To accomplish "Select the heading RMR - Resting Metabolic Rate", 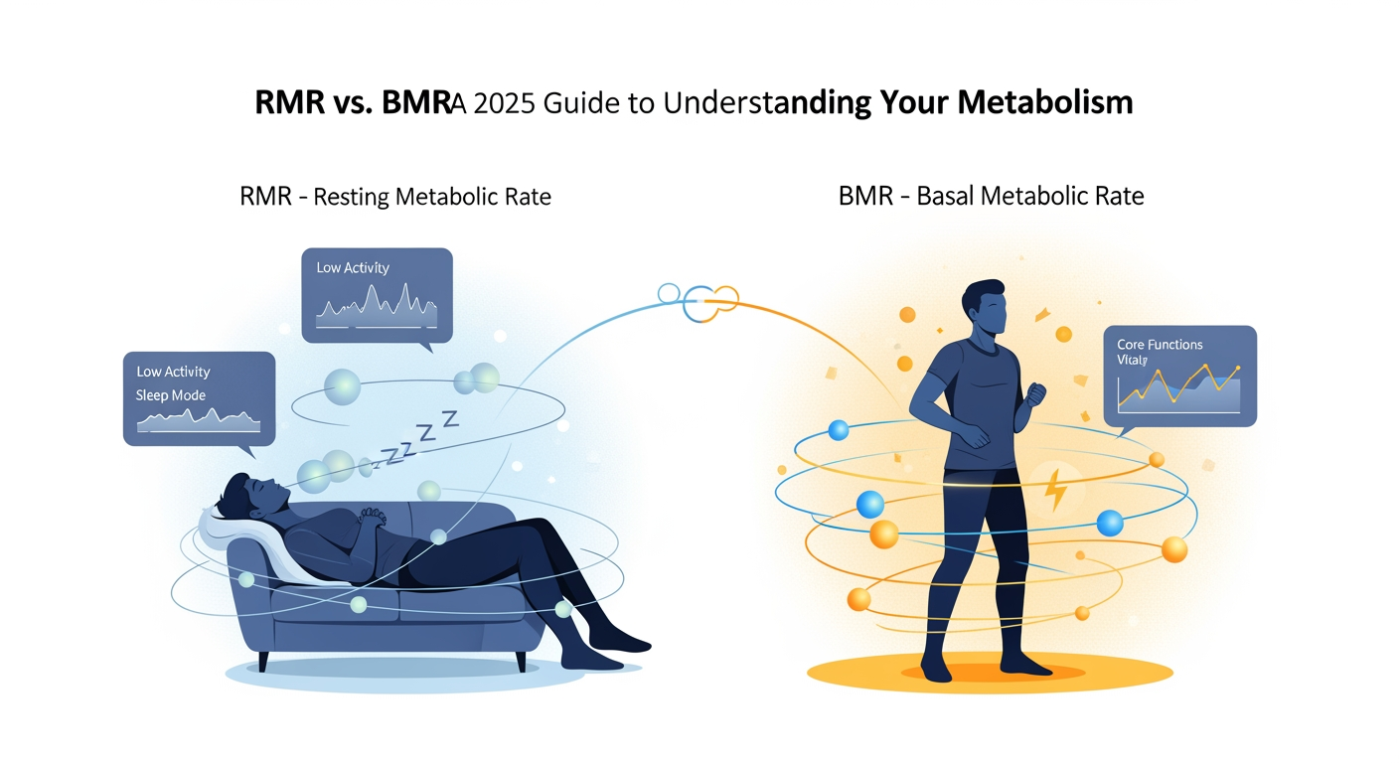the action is [x=395, y=196].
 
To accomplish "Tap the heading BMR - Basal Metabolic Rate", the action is [x=992, y=196].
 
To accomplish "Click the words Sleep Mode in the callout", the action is [x=171, y=395].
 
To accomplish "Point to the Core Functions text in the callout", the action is [x=1160, y=345].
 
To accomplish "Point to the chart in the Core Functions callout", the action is [x=1178, y=389].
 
